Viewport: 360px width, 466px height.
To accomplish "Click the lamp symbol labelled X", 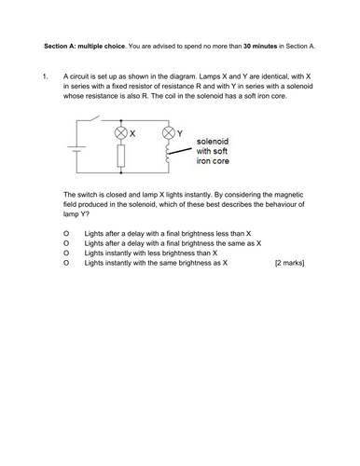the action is (x=119, y=133).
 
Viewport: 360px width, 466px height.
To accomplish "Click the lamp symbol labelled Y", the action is (x=169, y=132).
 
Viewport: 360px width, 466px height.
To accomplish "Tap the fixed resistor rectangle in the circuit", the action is (x=119, y=156).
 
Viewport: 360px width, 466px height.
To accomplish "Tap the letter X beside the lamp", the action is (x=132, y=133).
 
